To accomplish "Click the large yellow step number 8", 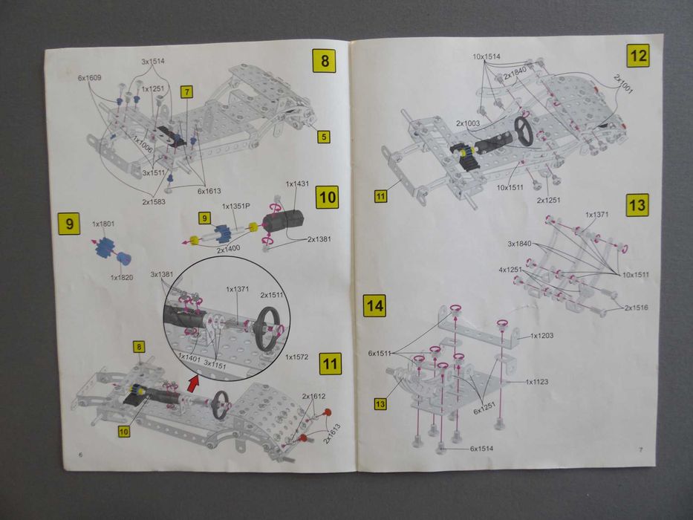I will coord(324,59).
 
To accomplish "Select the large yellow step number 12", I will coord(637,56).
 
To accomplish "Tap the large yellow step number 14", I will coord(374,305).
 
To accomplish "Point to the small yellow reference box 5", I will coord(324,137).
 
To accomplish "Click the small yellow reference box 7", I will coord(186,92).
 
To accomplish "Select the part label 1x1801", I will coord(103,223).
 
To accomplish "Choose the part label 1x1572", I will coord(297,357).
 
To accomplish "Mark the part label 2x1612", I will coord(313,397).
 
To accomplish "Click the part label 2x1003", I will coord(469,123).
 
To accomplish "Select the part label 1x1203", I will coord(543,336).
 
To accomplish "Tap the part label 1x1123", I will coord(541,382).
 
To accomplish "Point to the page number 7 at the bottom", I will coord(640,449).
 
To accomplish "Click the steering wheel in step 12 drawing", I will coord(525,131).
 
